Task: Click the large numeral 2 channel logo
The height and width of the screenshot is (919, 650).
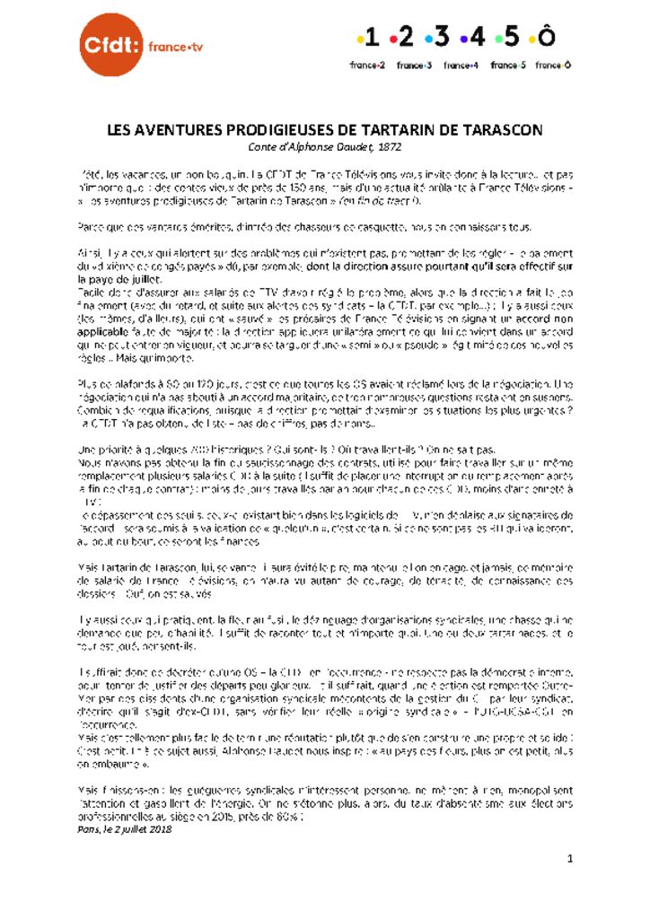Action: [x=405, y=37]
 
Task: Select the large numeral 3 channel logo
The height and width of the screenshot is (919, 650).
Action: [x=442, y=37]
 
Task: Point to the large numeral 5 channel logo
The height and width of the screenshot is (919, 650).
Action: [x=511, y=37]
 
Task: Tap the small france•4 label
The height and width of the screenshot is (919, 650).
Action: [x=461, y=65]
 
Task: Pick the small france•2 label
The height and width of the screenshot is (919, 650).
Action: [x=367, y=65]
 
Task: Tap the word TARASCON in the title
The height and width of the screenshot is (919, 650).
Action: [x=502, y=130]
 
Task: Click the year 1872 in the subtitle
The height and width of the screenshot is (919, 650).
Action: [x=390, y=145]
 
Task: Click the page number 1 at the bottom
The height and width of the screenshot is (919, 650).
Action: [x=569, y=860]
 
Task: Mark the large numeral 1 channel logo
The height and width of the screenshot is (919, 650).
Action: [x=370, y=37]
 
